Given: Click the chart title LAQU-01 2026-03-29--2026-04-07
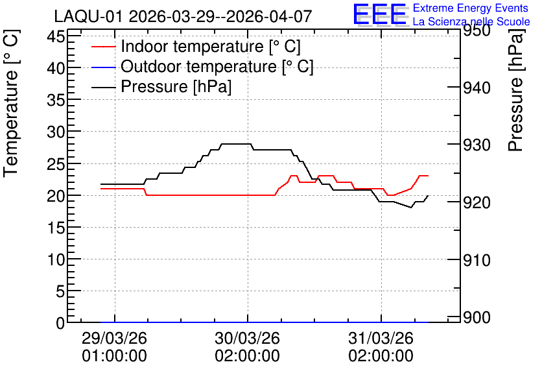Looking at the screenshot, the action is [183, 16].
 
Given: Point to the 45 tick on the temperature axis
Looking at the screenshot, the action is [56, 36].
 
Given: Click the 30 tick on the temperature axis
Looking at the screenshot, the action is [56, 132].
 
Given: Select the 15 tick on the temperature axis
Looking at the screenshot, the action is [56, 228].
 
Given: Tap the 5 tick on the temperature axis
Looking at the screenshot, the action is [60, 291].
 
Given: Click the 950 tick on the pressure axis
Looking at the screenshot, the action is [477, 30].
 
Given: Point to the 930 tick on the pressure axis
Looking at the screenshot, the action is [477, 145].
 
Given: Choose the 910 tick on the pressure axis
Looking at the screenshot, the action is [477, 260].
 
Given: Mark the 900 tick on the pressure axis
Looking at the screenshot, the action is [477, 317].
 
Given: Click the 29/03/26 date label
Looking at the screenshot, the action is [114, 338].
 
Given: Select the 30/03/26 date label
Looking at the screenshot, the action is [248, 338].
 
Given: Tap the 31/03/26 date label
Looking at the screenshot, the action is [381, 338].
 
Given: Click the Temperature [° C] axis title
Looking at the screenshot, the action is [11, 104].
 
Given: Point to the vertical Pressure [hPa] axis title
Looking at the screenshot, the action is [515, 90].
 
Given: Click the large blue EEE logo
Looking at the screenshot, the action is [380, 14].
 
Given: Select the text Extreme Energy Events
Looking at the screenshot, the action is [471, 8].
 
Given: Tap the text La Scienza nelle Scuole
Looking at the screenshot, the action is [471, 21].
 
